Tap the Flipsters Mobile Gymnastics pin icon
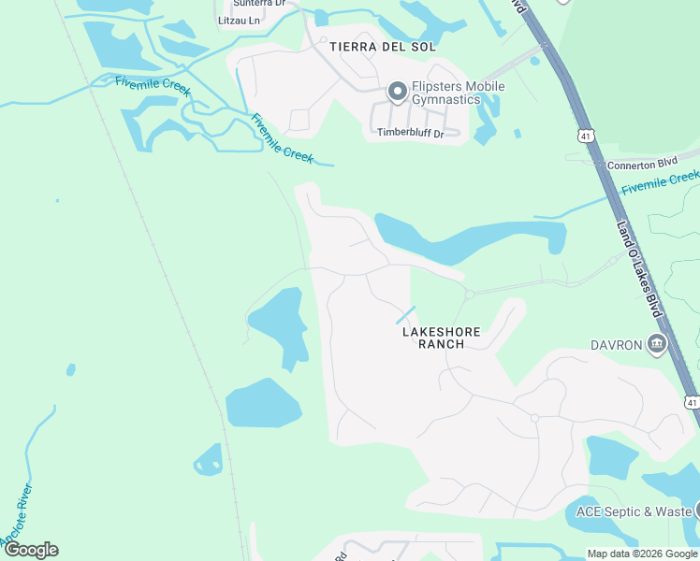pyautogui.click(x=397, y=91)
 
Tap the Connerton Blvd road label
pyautogui.click(x=641, y=164)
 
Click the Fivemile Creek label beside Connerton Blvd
pyautogui.click(x=660, y=180)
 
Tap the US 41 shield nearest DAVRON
pyautogui.click(x=691, y=402)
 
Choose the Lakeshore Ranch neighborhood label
pyautogui.click(x=441, y=338)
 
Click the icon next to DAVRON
pyautogui.click(x=657, y=345)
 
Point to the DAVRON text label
pyautogui.click(x=617, y=345)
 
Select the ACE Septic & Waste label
pyautogui.click(x=633, y=511)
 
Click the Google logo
pyautogui.click(x=31, y=550)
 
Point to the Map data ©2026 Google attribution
pyautogui.click(x=641, y=554)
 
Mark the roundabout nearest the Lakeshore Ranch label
pyautogui.click(x=470, y=294)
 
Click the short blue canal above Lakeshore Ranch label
pyautogui.click(x=405, y=315)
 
